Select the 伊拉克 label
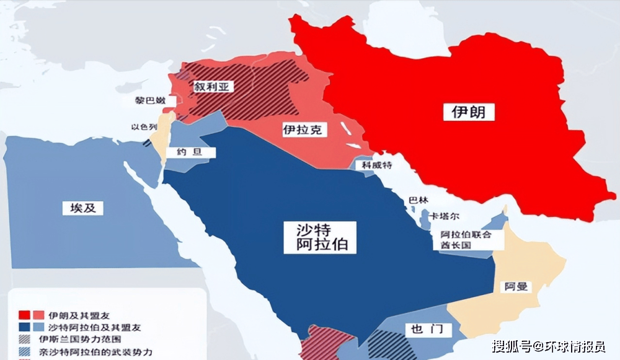point(304,130)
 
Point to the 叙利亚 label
point(213,87)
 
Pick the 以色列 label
point(143,127)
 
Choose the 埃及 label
point(82,208)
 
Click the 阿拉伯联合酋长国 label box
point(466,240)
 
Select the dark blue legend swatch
point(25,327)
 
